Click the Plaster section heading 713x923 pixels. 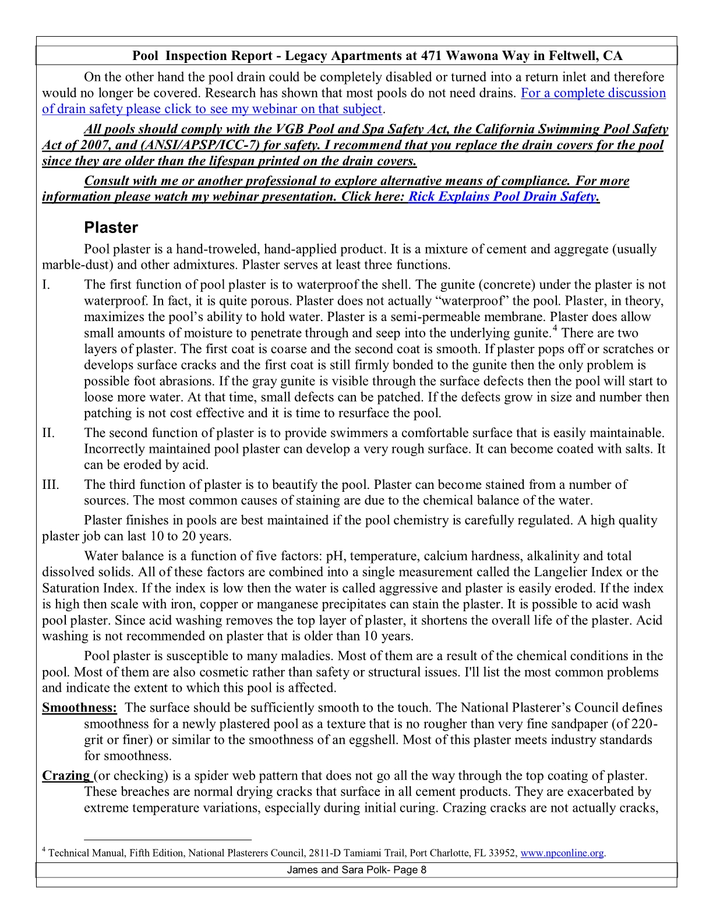111,227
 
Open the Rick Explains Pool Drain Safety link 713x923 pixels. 502,196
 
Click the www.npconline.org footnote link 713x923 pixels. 562,853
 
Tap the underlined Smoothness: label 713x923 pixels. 79,708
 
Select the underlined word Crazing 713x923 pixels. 66,776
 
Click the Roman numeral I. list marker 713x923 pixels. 46,285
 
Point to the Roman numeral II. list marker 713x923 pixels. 48,433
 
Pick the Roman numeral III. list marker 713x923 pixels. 51,485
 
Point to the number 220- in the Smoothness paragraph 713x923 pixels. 644,724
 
